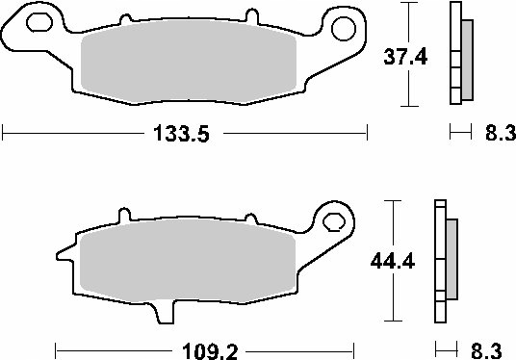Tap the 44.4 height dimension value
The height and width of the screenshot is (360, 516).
(x=394, y=260)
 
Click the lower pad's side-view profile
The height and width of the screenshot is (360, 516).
(x=444, y=264)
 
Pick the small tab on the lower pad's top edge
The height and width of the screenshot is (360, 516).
(x=122, y=215)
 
